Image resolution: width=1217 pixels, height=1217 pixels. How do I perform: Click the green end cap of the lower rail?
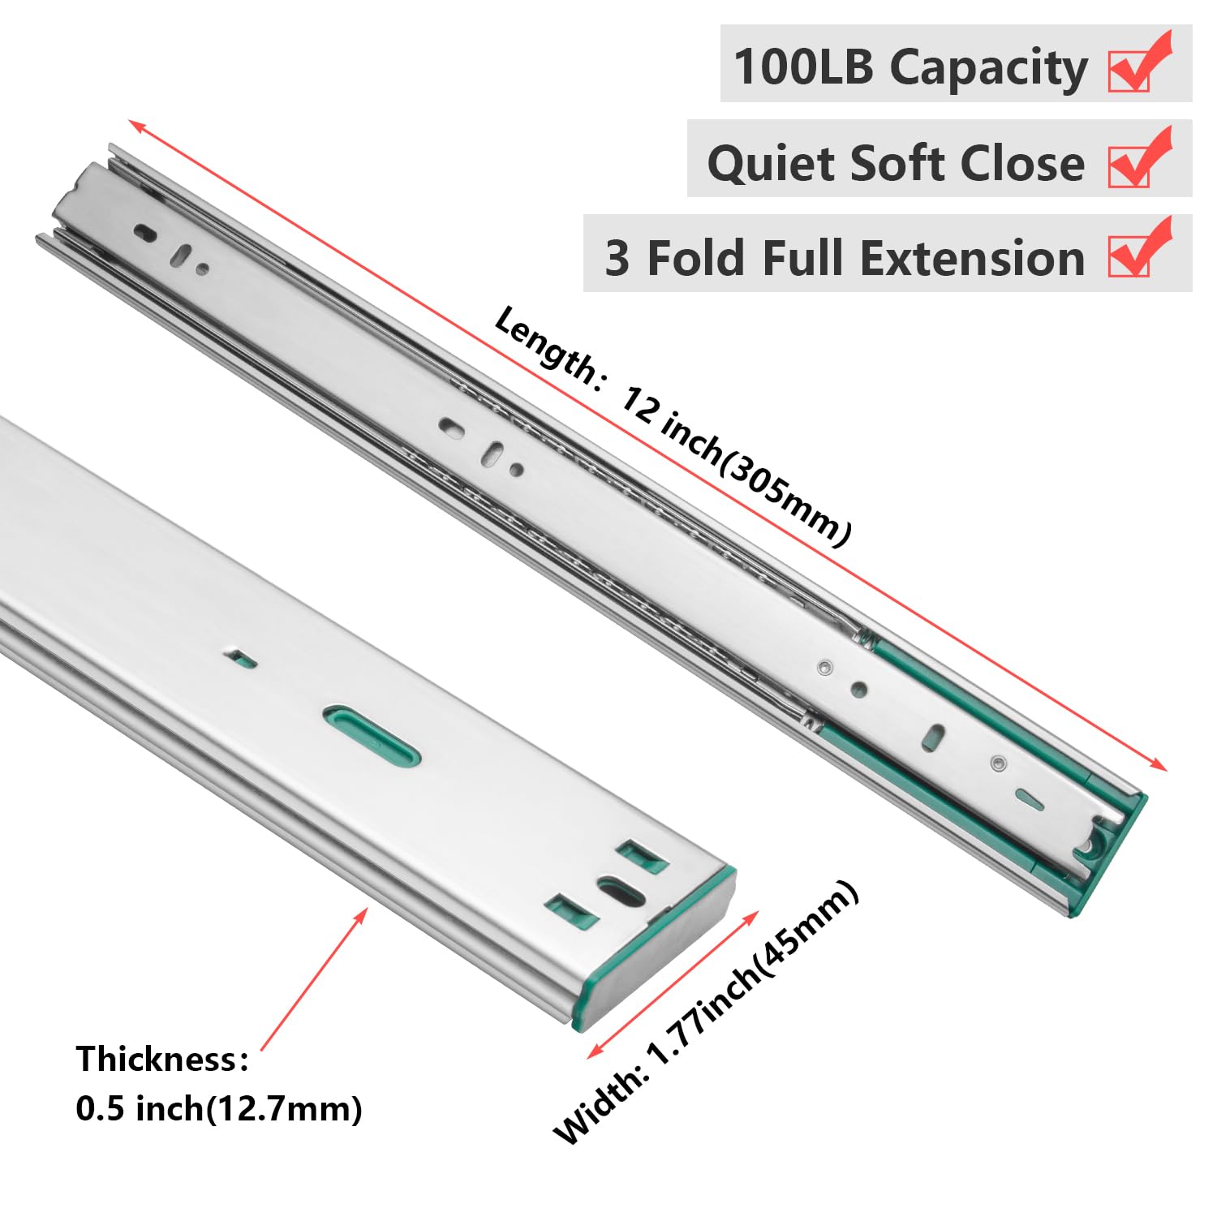(657, 949)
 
